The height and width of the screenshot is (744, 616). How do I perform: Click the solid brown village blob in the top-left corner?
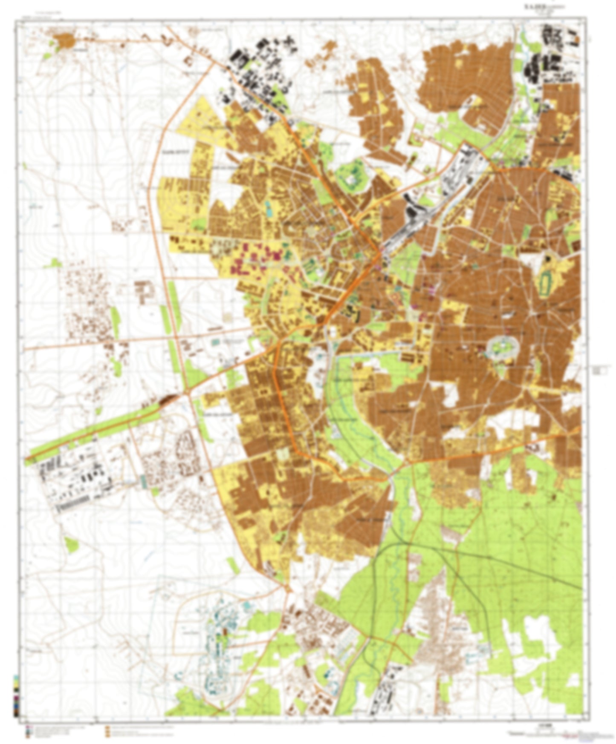(x=65, y=40)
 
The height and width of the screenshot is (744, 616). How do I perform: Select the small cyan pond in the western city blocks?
(x=268, y=208)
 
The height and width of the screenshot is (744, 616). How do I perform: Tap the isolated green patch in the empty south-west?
(x=70, y=545)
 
